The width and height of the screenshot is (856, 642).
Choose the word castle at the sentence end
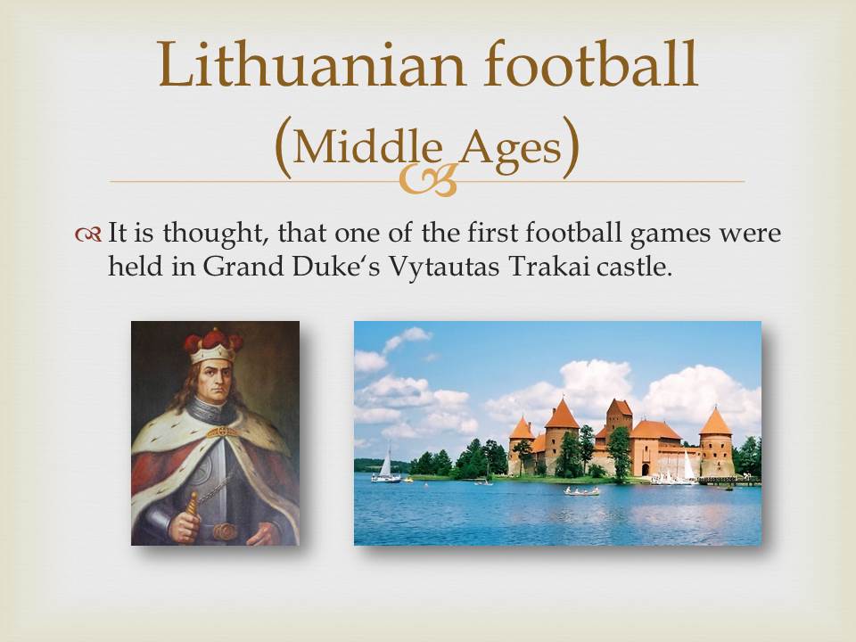636,267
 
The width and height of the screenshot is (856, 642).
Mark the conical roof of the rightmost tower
715,422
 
